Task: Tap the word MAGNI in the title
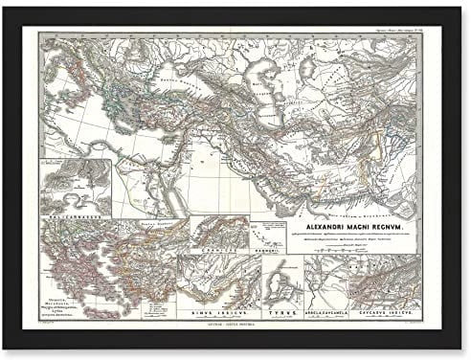(x=354, y=202)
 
